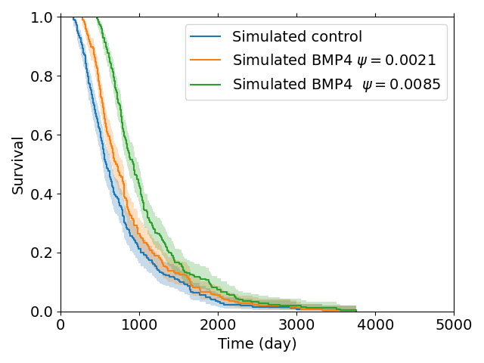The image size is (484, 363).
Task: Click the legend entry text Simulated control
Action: (296, 37)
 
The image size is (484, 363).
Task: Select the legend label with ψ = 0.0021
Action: (334, 60)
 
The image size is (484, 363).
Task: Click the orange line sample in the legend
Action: (206, 60)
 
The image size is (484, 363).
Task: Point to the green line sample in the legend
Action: (206, 84)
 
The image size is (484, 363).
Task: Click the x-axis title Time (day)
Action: (257, 344)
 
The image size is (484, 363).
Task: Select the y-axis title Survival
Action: (18, 164)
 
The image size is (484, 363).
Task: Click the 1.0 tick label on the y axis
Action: (42, 17)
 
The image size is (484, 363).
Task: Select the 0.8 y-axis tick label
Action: (42, 76)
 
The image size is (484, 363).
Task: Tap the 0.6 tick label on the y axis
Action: (42, 135)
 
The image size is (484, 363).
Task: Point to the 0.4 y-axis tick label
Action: (42, 194)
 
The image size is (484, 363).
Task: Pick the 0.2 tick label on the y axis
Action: (42, 253)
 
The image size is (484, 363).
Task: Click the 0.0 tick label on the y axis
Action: (42, 312)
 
